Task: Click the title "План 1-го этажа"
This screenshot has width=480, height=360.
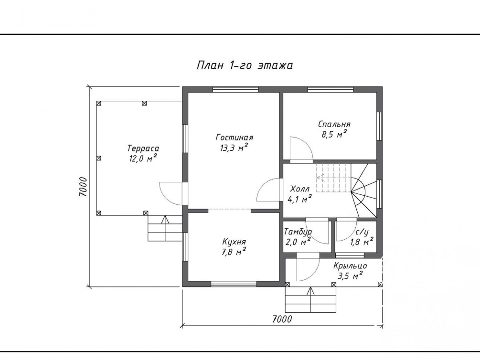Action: pyautogui.click(x=245, y=65)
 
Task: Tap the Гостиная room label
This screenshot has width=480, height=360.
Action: pyautogui.click(x=235, y=138)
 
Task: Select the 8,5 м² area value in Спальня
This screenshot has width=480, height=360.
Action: pyautogui.click(x=334, y=134)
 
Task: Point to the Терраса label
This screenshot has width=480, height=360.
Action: pyautogui.click(x=143, y=148)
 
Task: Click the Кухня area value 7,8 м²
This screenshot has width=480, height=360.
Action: pyautogui.click(x=234, y=252)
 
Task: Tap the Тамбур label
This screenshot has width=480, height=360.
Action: pyautogui.click(x=298, y=232)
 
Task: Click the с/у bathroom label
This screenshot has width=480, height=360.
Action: pyautogui.click(x=362, y=233)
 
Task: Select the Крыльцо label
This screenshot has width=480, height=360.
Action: pyautogui.click(x=350, y=266)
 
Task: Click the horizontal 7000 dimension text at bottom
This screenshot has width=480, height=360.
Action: pyautogui.click(x=282, y=319)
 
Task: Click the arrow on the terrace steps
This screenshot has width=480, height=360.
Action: pyautogui.click(x=165, y=228)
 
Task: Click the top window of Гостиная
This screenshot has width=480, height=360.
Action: pyautogui.click(x=235, y=89)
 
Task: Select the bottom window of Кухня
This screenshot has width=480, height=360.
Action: pyautogui.click(x=234, y=284)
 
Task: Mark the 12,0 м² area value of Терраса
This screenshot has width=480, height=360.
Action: pyautogui.click(x=143, y=158)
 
